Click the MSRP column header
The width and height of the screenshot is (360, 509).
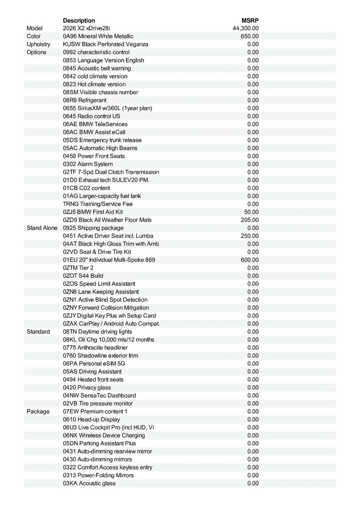pyautogui.click(x=250, y=20)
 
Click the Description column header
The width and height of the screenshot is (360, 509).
pyautogui.click(x=79, y=20)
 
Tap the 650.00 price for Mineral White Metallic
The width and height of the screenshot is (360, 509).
pyautogui.click(x=250, y=36)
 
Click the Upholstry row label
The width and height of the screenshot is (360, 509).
pyautogui.click(x=38, y=44)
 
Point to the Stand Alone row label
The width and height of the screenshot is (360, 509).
pyautogui.click(x=42, y=228)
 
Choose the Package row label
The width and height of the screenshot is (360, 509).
pyautogui.click(x=38, y=411)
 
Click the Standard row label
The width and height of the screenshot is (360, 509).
pyautogui.click(x=38, y=332)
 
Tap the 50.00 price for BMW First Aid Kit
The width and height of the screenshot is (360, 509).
pyautogui.click(x=251, y=212)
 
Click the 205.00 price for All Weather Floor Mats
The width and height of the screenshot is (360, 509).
pyautogui.click(x=250, y=220)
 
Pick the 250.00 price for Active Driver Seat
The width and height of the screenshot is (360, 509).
pyautogui.click(x=250, y=236)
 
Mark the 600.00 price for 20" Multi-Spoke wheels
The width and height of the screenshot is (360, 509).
pyautogui.click(x=250, y=260)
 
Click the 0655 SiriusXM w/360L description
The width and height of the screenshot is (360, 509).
pyautogui.click(x=107, y=108)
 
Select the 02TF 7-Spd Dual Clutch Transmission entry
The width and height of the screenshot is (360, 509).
pyautogui.click(x=111, y=172)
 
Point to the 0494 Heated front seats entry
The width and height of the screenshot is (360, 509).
pyautogui.click(x=93, y=380)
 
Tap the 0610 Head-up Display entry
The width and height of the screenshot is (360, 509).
pyautogui.click(x=91, y=420)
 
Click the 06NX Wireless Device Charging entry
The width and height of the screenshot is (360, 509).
pyautogui.click(x=104, y=435)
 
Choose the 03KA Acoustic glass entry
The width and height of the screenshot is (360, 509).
pyautogui.click(x=89, y=483)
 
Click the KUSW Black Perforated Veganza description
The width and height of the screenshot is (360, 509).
pyautogui.click(x=105, y=44)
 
